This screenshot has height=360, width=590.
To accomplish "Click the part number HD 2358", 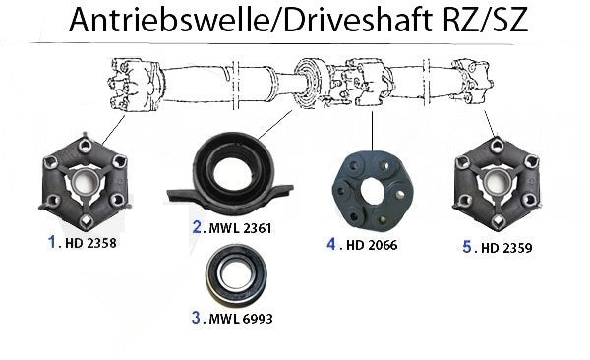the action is point(90,243).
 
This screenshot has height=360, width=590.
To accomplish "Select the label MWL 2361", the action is point(240,228).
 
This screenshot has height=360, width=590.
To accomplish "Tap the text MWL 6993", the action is point(241,319).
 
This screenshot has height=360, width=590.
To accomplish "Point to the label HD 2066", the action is point(372,245).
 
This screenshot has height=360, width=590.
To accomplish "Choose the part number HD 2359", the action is point(506,248).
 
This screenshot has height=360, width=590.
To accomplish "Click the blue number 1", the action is point(52,242).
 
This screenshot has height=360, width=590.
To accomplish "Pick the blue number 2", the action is point(197,227).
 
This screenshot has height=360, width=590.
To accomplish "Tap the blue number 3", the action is point(196,318).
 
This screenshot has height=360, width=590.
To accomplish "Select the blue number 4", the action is point(331,244).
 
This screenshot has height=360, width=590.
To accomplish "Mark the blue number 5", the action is point(467,247).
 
